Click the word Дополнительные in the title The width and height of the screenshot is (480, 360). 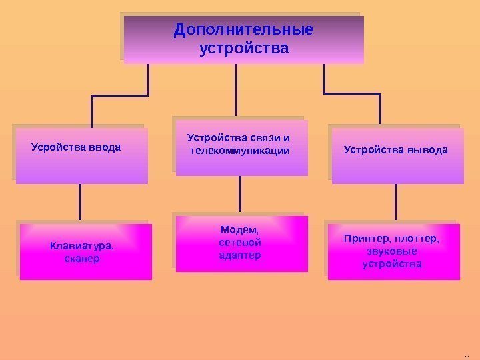243,31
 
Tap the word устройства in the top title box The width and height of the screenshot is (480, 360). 244,49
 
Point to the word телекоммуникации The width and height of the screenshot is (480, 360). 240,151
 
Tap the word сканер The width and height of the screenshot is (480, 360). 82,258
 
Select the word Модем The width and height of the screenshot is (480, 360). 239,230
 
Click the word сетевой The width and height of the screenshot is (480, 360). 240,243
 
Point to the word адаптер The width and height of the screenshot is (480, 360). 240,255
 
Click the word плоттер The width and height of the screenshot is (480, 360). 418,239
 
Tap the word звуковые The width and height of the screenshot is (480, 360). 392,251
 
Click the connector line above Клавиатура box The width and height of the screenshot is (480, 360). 81,201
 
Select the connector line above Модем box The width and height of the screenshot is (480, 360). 239,194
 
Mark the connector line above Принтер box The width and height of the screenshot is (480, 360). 396,201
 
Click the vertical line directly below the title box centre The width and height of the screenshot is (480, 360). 236,90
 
